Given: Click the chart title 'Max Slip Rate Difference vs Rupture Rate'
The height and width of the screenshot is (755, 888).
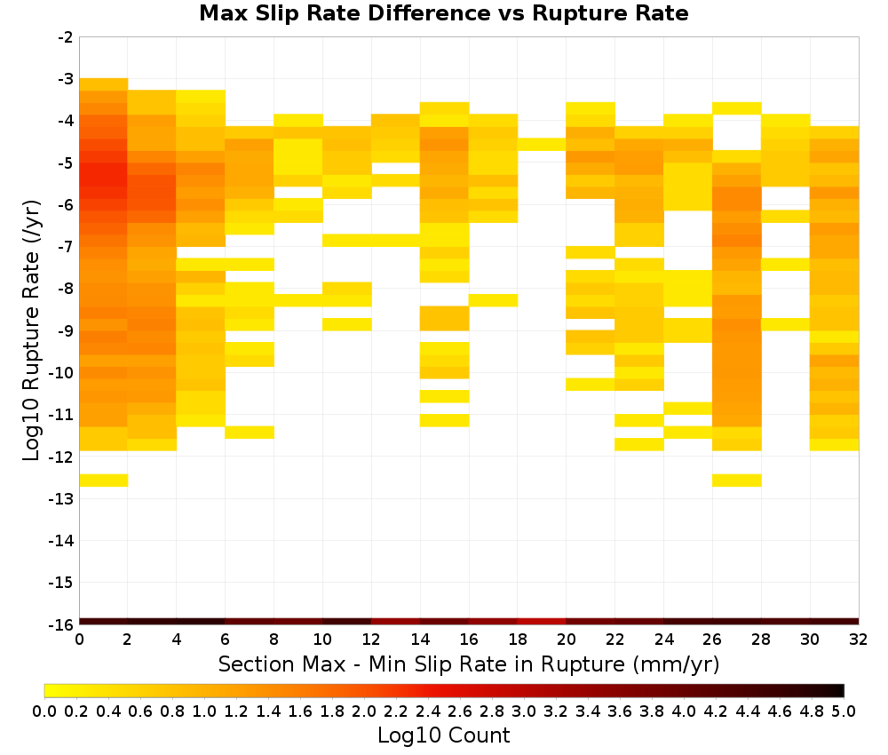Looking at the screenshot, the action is pos(443,13).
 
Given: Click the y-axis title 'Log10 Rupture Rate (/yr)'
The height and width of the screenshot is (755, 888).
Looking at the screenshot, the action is pos(31,330).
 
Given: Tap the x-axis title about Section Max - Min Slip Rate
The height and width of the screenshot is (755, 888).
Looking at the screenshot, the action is pos(469,664).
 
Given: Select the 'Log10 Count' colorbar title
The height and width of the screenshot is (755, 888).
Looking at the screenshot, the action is pos(443,735).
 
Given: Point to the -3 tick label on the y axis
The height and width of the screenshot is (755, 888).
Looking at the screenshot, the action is pos(66,79).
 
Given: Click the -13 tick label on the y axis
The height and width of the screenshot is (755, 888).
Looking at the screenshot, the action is pos(62,499).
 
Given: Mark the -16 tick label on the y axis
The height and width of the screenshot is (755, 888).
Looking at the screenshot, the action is pos(62,624).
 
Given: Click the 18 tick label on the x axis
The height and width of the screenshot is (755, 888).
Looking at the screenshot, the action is pos(518,640).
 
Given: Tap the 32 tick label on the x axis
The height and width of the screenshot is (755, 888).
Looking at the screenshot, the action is pos(859,640).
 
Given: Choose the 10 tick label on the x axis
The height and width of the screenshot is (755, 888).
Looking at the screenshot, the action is pos(323,640).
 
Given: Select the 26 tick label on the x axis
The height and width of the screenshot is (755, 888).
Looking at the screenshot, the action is pos(712,640).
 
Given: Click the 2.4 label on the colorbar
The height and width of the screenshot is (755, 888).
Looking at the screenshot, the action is pos(428,711).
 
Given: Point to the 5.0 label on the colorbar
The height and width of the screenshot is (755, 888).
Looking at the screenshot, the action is pos(844,711).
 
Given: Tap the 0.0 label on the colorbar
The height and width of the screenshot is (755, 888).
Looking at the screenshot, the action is pos(44,711).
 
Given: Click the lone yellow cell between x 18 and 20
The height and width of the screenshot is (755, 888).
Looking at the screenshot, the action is pos(542,145).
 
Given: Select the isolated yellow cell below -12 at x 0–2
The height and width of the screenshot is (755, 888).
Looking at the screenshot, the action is pos(104,481).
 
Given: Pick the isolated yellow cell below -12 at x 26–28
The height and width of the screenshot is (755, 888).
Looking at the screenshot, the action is pos(737,481).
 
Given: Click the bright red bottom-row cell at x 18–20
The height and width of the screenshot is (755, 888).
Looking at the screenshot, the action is pos(542,622).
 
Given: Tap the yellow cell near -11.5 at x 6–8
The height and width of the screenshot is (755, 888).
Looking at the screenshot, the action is pos(250,433).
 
